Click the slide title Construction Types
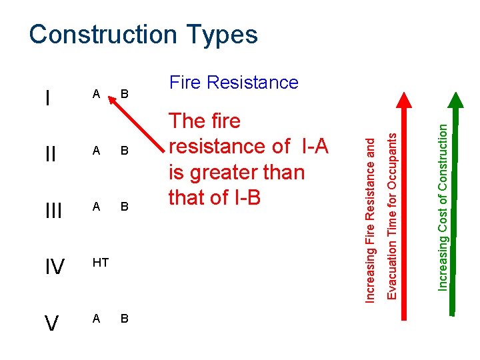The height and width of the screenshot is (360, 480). (143, 35)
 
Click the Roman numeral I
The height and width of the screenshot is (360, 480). (47, 99)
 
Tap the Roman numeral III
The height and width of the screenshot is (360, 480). (53, 211)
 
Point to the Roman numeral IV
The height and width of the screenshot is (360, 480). (54, 267)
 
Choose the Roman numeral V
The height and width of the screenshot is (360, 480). (51, 323)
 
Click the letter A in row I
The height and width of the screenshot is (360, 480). (96, 95)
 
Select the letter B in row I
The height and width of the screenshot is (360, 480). (125, 95)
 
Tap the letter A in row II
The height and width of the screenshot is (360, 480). (96, 151)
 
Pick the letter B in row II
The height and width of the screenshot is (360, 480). (125, 151)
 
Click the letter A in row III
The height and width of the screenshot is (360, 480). (96, 207)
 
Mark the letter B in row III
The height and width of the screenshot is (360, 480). (125, 207)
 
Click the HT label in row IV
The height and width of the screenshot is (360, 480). (101, 263)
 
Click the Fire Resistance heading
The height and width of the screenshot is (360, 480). (233, 83)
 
